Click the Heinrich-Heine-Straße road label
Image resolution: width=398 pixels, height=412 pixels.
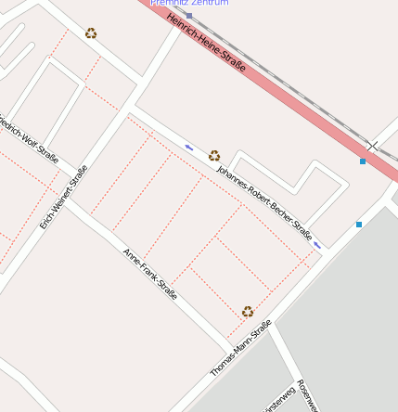(207, 42)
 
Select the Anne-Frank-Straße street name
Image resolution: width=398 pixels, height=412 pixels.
(149, 273)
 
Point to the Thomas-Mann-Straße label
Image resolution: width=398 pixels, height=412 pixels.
(240, 348)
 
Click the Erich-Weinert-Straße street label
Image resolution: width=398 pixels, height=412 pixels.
(64, 197)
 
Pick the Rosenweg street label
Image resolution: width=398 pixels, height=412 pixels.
(310, 394)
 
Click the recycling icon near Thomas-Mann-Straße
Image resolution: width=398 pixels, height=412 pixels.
(248, 312)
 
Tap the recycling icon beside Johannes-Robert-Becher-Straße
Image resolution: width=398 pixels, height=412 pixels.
(214, 155)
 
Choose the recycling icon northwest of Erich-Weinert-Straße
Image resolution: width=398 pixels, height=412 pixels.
(91, 33)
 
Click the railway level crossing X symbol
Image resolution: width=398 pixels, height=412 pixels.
(372, 147)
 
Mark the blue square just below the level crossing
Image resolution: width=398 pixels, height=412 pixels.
(363, 161)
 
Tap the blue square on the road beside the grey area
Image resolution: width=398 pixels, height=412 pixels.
(359, 225)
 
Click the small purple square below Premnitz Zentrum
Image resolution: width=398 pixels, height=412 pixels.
(189, 16)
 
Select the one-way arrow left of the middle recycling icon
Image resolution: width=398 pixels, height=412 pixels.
(190, 147)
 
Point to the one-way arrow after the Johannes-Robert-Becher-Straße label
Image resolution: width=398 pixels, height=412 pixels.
(318, 245)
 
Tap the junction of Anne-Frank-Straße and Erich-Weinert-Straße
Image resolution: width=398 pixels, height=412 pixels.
(70, 200)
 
